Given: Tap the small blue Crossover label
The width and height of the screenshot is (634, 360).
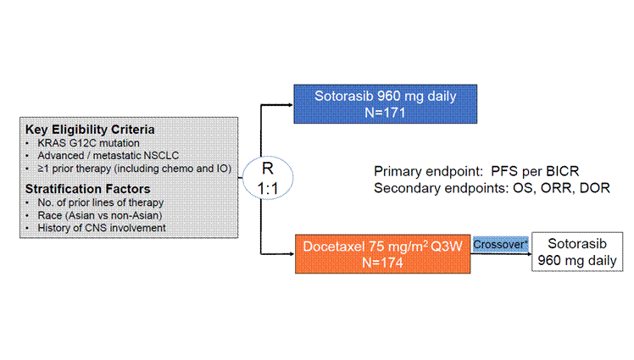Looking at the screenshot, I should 501,244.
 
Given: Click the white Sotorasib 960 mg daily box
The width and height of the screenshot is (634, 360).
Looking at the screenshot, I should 577,252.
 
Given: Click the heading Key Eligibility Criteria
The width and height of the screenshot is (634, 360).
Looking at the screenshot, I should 91,130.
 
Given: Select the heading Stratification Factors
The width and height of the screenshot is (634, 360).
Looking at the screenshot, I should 88,188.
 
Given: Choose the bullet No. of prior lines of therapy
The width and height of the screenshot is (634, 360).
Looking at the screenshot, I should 106,202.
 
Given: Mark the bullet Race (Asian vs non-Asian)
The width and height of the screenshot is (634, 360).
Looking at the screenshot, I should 100,215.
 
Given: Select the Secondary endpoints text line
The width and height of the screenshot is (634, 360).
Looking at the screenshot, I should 492,188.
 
